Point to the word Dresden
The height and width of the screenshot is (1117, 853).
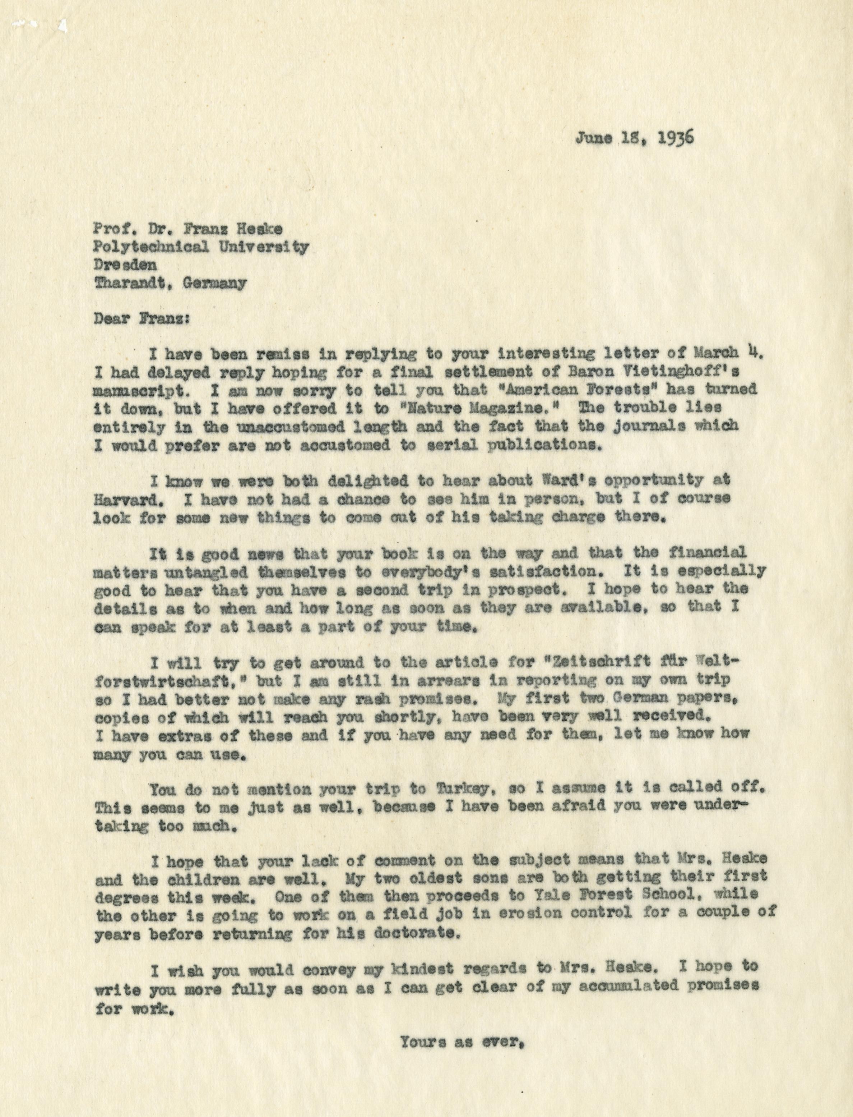125,265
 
